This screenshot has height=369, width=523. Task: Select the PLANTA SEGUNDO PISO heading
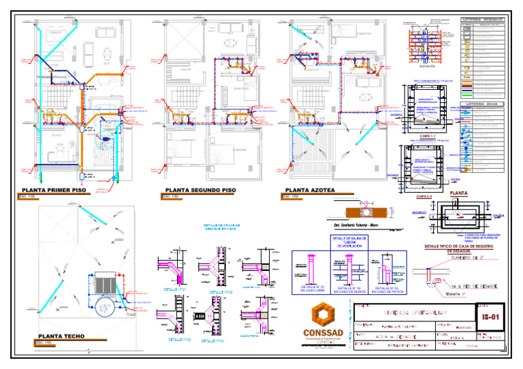(x=201, y=191)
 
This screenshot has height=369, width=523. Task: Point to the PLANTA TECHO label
(x=61, y=336)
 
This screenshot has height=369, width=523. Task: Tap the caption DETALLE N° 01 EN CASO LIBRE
(x=308, y=290)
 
